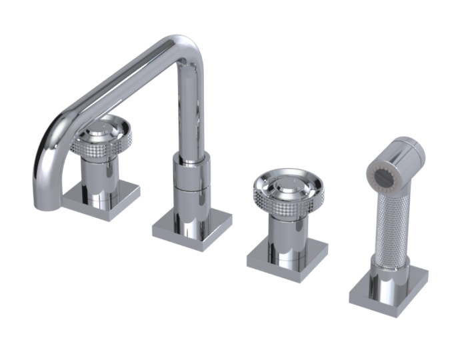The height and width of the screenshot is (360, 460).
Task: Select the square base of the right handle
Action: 287,257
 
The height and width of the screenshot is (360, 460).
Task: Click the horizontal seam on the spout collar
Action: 191,187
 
